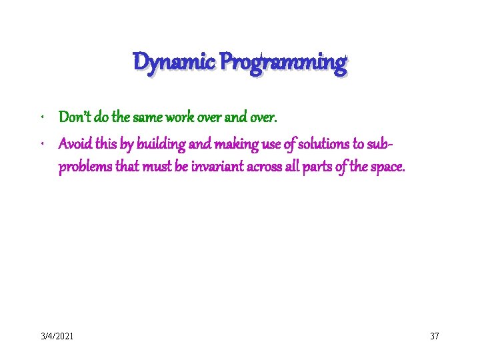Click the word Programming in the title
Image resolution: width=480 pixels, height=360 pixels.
coord(284,63)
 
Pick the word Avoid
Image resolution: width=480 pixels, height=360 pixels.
coord(75,143)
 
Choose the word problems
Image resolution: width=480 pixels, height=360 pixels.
coord(85,167)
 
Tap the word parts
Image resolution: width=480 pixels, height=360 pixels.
coord(325,167)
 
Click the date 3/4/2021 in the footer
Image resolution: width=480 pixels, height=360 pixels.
coord(57,335)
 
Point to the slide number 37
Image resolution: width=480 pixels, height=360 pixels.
coord(434,335)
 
